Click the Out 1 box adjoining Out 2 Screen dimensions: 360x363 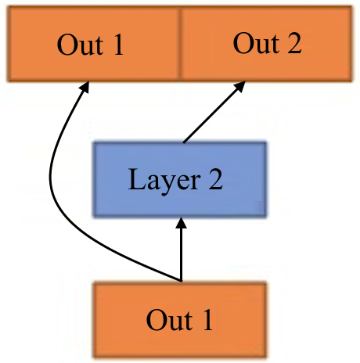(x=94, y=44)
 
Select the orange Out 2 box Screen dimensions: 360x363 (x=266, y=44)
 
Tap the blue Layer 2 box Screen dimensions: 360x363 (x=180, y=179)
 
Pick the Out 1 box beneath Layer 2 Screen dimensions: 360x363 (x=180, y=320)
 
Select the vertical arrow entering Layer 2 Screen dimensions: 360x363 (x=181, y=250)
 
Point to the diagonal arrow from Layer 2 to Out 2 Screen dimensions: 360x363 (x=214, y=112)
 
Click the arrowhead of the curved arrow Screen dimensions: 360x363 (x=85, y=87)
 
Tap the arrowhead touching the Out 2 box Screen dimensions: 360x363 (x=240, y=86)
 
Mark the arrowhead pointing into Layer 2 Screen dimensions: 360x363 (x=181, y=223)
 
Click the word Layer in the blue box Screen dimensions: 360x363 (x=164, y=181)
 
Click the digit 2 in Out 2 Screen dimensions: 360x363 (x=294, y=43)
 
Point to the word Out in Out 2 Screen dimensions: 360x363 (x=256, y=43)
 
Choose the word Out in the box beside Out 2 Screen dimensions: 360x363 (x=80, y=45)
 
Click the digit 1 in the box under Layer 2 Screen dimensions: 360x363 (x=208, y=320)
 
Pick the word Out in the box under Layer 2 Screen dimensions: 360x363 (x=169, y=321)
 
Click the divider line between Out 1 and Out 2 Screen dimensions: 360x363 (x=180, y=44)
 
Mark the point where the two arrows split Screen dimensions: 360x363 (x=181, y=281)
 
